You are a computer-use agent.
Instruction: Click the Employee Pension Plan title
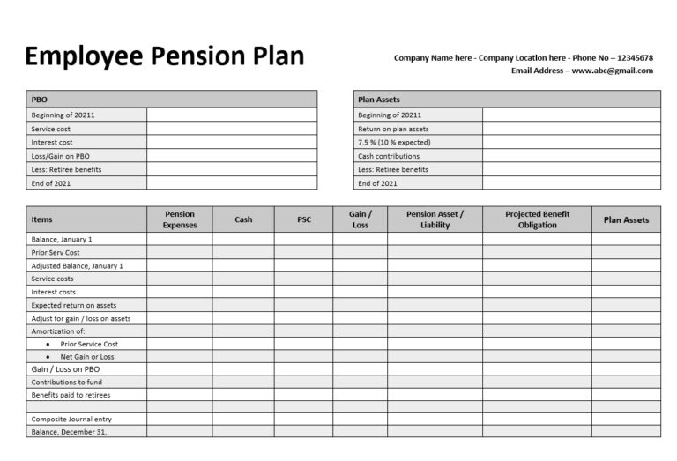pyautogui.click(x=165, y=57)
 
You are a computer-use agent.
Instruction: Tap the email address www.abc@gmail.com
pyautogui.click(x=612, y=71)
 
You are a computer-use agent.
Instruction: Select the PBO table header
pyautogui.click(x=40, y=100)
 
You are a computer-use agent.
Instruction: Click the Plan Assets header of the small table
pyautogui.click(x=379, y=100)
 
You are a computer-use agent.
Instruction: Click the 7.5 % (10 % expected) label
pyautogui.click(x=395, y=142)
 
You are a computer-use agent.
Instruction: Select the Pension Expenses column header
pyautogui.click(x=180, y=219)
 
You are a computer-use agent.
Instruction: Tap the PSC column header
pyautogui.click(x=303, y=219)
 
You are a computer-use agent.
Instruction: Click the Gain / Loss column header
pyautogui.click(x=360, y=219)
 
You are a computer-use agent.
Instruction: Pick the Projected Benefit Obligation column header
pyautogui.click(x=537, y=219)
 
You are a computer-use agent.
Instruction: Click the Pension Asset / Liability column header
pyautogui.click(x=435, y=219)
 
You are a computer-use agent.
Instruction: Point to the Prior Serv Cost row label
pyautogui.click(x=56, y=252)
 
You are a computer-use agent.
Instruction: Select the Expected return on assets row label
pyautogui.click(x=74, y=305)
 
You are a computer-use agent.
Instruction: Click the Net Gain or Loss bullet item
pyautogui.click(x=87, y=357)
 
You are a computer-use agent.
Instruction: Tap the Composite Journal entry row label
pyautogui.click(x=71, y=419)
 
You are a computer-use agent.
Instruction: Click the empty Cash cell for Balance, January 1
pyautogui.click(x=243, y=239)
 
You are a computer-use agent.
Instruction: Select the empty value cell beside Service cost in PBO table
pyautogui.click(x=231, y=129)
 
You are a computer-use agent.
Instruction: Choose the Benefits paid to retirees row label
pyautogui.click(x=71, y=395)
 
